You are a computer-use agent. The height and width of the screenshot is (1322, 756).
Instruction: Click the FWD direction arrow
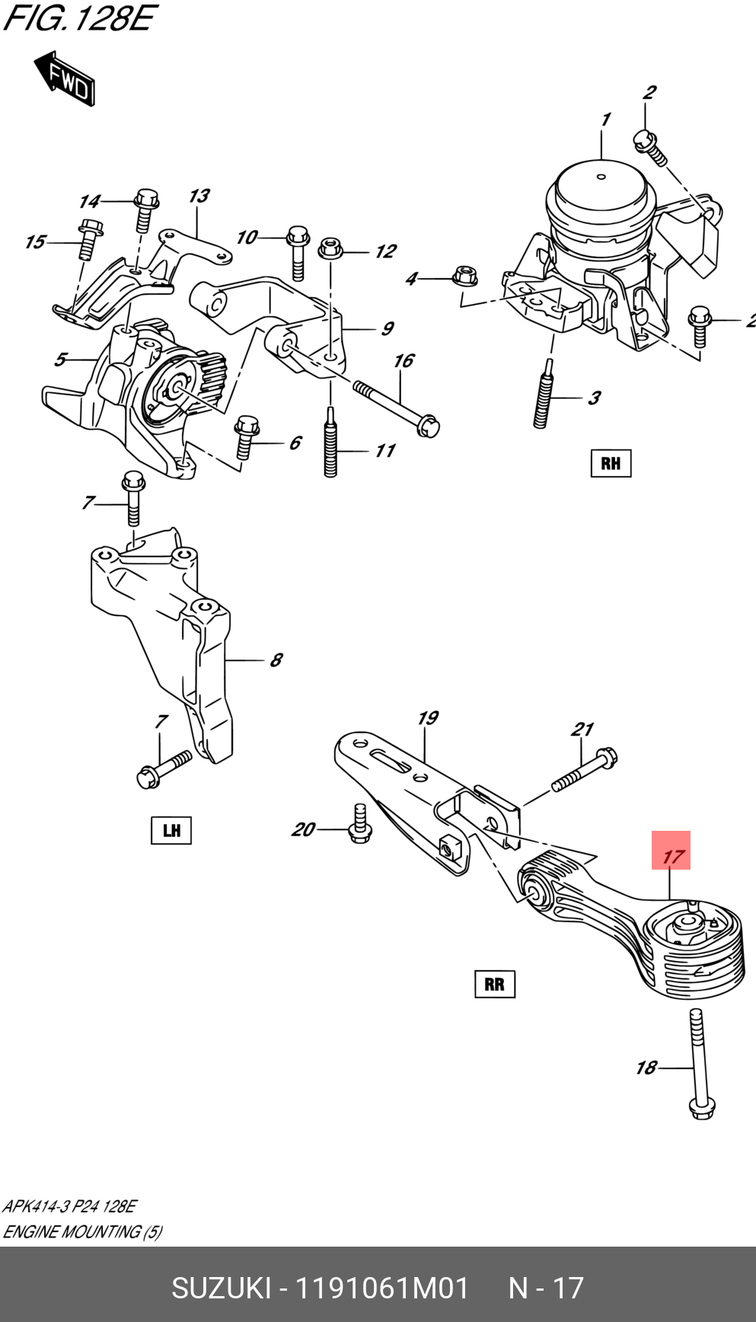[x=64, y=78]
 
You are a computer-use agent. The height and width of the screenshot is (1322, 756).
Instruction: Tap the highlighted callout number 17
[x=671, y=851]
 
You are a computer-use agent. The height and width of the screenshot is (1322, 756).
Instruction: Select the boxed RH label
[x=611, y=463]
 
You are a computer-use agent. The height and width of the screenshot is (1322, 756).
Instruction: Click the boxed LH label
[x=171, y=829]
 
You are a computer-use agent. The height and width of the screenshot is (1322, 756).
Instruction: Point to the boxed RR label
[x=494, y=984]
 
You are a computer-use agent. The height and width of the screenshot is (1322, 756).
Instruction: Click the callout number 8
[x=276, y=659]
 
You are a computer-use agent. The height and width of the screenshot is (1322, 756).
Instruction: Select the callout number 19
[x=428, y=717]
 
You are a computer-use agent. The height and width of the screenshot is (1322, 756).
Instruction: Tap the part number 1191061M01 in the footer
[x=381, y=1288]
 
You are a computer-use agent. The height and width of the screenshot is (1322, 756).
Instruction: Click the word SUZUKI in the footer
[x=221, y=1288]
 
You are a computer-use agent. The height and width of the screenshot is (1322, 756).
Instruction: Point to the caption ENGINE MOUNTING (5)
[x=82, y=1231]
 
